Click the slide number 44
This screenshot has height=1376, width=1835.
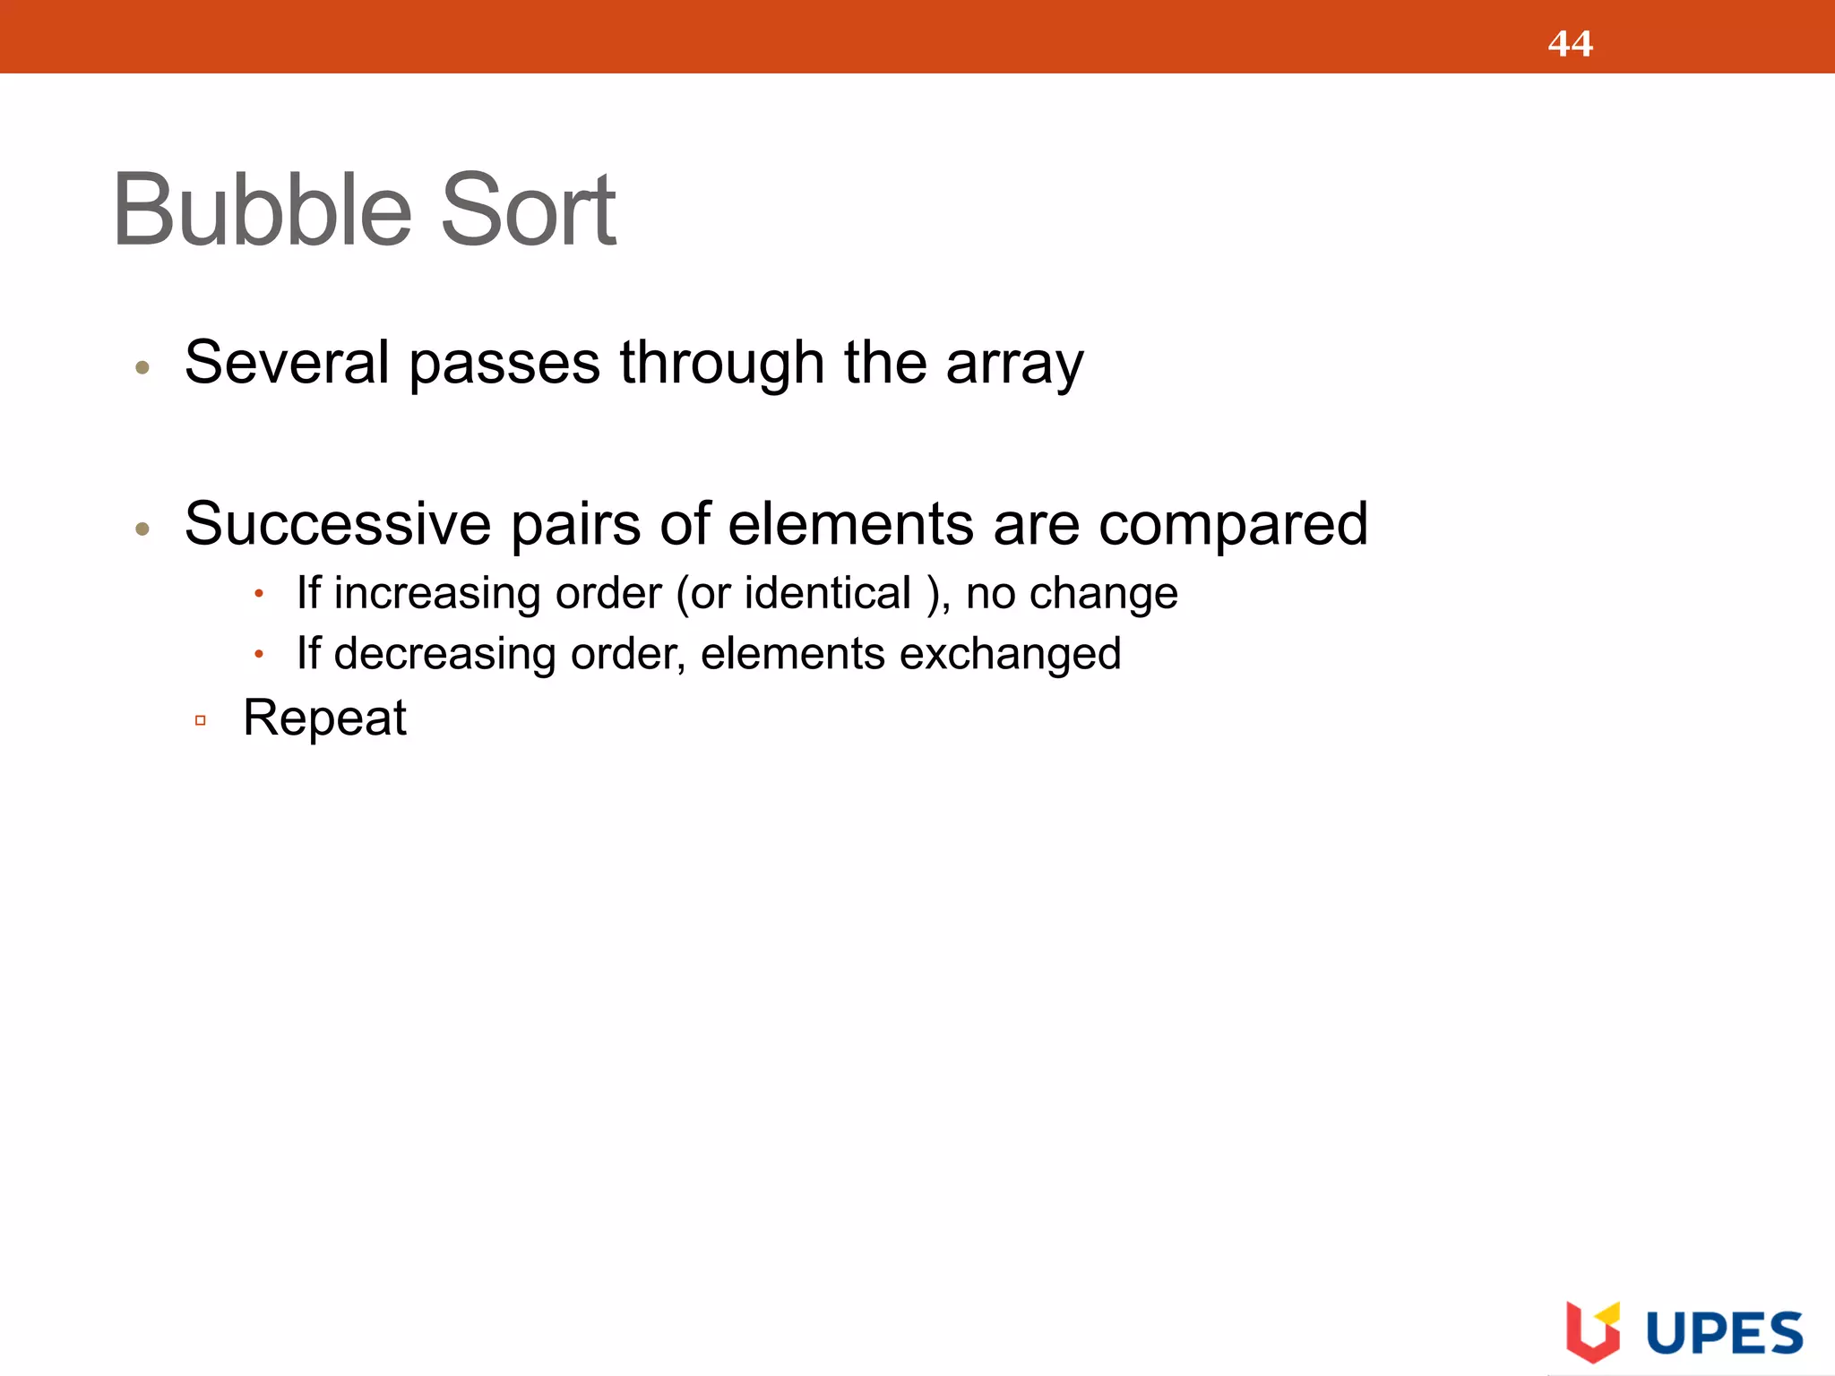tap(1570, 44)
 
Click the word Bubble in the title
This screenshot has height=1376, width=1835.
tap(262, 211)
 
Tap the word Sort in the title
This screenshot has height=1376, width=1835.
tap(528, 211)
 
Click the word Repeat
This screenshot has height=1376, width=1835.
tap(324, 718)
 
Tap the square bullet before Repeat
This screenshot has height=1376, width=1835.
tap(201, 720)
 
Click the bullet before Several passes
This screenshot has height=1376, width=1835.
tap(142, 367)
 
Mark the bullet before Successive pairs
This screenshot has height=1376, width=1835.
tap(142, 529)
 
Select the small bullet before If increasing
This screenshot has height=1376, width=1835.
tap(258, 594)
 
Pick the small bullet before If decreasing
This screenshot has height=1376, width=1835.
tap(258, 655)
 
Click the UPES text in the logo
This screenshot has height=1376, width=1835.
tap(1724, 1334)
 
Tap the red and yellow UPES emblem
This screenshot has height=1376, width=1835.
tap(1592, 1331)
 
